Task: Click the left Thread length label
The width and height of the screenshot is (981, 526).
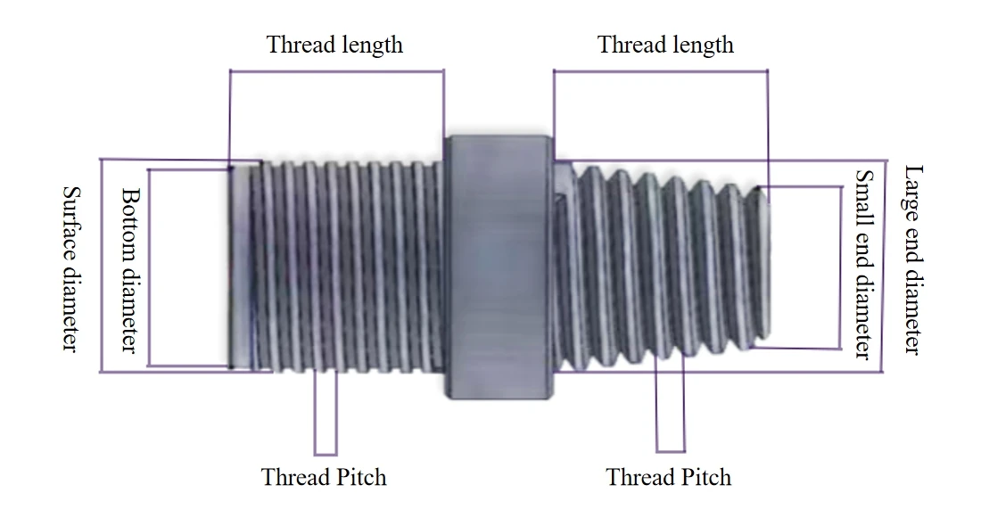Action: click(334, 45)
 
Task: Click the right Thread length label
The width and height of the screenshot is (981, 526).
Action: click(665, 45)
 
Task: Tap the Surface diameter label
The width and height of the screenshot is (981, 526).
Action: click(70, 267)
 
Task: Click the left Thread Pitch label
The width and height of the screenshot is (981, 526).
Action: click(324, 477)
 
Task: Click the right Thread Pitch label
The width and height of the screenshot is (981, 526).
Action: click(669, 477)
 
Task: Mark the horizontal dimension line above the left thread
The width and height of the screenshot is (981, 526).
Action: click(336, 71)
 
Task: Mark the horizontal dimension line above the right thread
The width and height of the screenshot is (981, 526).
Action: click(660, 71)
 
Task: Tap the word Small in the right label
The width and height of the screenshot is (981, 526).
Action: click(864, 193)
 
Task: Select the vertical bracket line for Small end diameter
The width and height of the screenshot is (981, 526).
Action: click(841, 267)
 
